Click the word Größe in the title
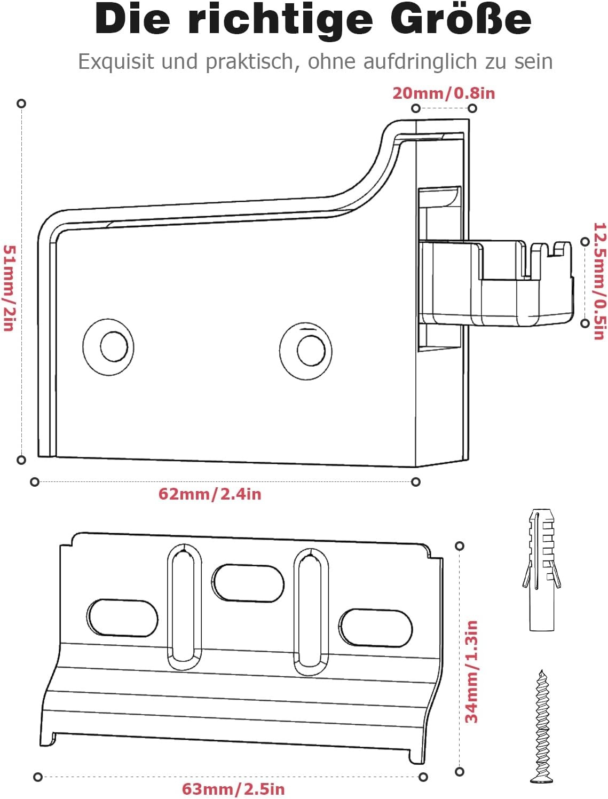[461, 20]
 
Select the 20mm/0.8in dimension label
[444, 93]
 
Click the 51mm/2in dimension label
[10, 288]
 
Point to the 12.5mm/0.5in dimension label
[599, 281]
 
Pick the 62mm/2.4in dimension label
[210, 494]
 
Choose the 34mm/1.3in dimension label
[471, 671]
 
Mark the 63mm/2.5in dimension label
[233, 789]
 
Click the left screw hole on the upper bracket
[108, 347]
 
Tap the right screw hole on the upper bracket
[306, 351]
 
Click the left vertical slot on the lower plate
[184, 607]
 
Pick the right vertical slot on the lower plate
[311, 612]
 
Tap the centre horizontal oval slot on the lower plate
[248, 583]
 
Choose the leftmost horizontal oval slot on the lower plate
[122, 618]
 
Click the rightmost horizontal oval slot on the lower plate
[375, 628]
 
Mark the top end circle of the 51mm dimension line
[21, 104]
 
